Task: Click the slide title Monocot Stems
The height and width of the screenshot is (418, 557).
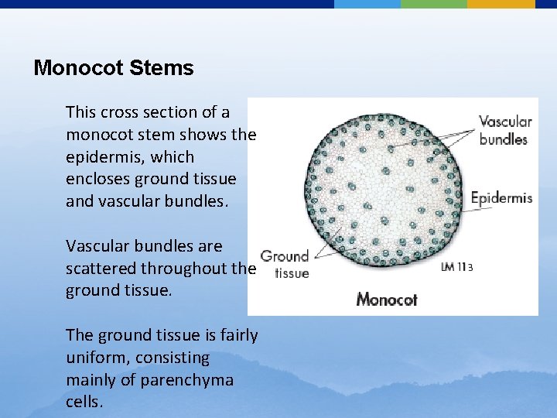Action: coord(114,68)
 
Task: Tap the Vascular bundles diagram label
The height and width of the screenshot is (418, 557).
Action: coord(505,130)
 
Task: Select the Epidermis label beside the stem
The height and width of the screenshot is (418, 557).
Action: coord(501,197)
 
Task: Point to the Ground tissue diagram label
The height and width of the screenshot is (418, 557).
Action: coord(285,264)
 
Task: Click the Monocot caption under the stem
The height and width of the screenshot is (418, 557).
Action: coord(387,299)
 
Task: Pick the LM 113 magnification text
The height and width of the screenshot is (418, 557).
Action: coord(456,268)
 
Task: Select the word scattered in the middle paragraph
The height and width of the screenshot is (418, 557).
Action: coord(97,269)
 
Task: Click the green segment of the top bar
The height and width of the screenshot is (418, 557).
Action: coord(433,4)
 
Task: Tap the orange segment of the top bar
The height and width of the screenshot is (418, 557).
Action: coord(501,4)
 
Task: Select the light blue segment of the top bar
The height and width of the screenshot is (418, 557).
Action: coord(367,4)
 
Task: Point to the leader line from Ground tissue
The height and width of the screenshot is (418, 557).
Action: coord(325,246)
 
